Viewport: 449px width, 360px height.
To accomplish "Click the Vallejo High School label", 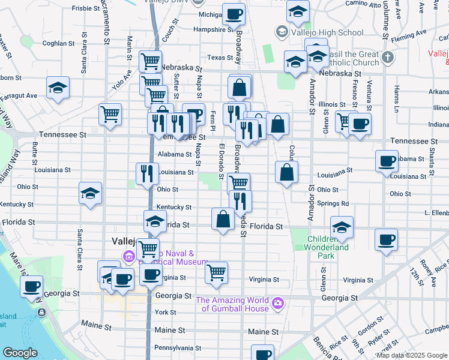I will point(328,32).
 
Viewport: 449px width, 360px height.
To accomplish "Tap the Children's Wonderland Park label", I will point(326,247).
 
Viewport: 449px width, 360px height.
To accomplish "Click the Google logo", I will point(20,353).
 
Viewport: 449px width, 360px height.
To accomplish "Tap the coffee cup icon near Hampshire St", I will point(234,13).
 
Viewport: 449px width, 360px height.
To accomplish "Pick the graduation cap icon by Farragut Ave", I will point(58,88).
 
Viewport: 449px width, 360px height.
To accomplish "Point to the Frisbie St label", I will point(86,8).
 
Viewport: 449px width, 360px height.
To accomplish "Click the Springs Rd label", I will point(337,203).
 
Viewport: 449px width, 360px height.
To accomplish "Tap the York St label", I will point(165,313).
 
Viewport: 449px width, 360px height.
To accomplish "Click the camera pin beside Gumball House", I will point(277,304).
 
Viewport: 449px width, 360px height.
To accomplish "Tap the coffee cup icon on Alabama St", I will point(387,160).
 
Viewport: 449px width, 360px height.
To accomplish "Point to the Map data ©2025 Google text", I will point(411,355).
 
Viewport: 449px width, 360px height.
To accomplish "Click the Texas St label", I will point(220,58).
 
